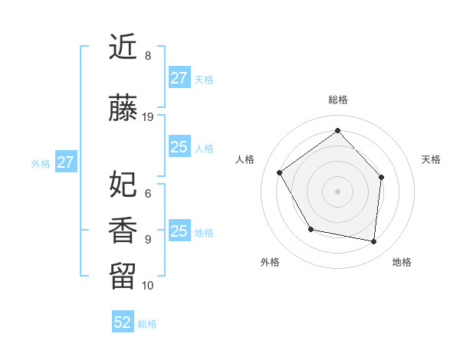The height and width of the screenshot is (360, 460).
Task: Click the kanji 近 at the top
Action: (123, 47)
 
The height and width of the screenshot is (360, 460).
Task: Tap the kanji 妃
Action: (123, 184)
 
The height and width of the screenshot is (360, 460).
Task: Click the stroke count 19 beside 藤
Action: (148, 117)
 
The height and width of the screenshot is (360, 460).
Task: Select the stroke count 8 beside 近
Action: (148, 56)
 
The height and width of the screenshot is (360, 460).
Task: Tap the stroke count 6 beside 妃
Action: (148, 194)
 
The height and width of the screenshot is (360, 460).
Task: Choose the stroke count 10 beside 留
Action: (148, 286)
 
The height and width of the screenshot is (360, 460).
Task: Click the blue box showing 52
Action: (123, 322)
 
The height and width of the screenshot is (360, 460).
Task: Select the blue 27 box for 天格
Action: (179, 78)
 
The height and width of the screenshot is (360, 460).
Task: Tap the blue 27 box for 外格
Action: (66, 162)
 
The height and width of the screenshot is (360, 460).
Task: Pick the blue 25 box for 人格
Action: (179, 147)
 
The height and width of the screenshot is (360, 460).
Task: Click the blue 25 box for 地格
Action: (179, 231)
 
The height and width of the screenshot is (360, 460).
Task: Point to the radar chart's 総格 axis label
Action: (337, 100)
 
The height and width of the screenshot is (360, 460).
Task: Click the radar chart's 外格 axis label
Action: (270, 262)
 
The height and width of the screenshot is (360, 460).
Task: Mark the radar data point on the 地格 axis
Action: (373, 241)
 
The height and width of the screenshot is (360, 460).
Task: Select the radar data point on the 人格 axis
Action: (280, 173)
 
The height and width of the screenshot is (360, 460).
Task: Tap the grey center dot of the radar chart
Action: (337, 191)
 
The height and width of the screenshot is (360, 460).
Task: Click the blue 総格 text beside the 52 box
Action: (147, 324)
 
